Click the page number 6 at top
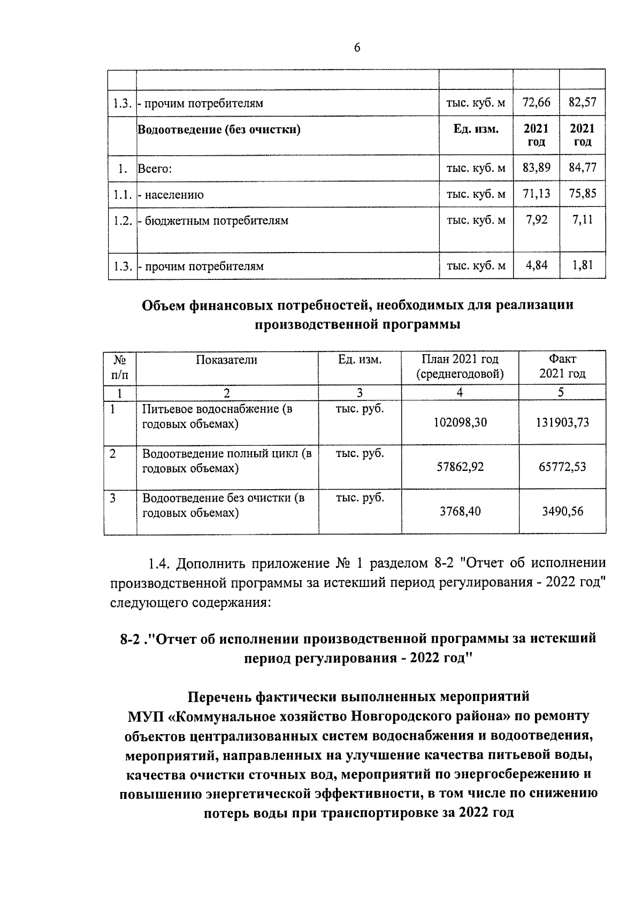357,48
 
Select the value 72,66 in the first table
536,102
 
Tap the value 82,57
582,102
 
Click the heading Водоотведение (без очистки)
219,130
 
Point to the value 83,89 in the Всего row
536,168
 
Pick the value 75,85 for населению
582,194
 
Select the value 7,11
582,220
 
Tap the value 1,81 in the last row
582,265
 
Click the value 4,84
536,265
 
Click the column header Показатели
226,360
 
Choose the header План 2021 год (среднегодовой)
460,367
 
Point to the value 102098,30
460,422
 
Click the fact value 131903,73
562,422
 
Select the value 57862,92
460,467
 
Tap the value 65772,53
562,467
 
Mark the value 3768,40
460,511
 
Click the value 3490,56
562,511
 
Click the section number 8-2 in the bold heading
131,639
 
